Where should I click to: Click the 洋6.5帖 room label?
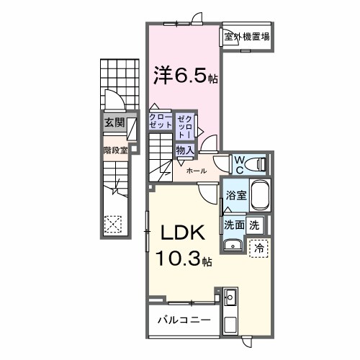tap(182, 74)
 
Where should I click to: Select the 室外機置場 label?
tap(246, 37)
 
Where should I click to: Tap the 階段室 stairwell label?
tap(114, 151)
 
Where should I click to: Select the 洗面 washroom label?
tap(233, 224)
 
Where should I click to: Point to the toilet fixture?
tap(257, 165)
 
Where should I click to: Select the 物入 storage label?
tap(185, 150)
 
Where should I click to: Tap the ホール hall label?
tap(197, 171)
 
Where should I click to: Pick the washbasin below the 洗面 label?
tap(232, 246)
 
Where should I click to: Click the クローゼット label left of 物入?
tap(161, 120)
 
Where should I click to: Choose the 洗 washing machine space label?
tap(254, 224)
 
